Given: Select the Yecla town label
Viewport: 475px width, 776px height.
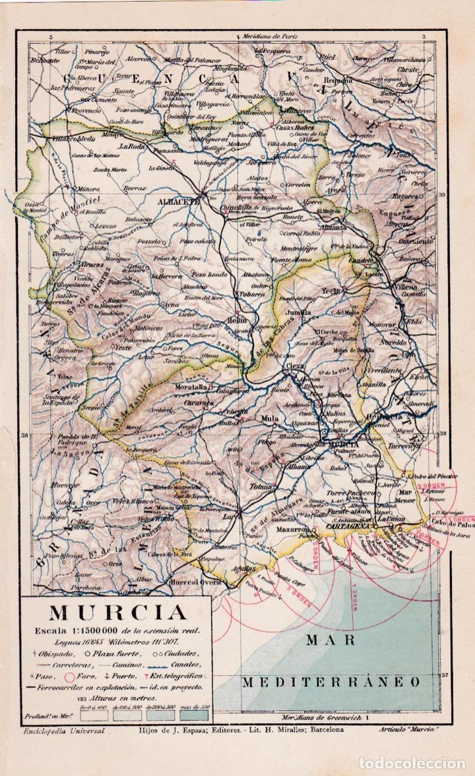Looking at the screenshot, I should (331, 290).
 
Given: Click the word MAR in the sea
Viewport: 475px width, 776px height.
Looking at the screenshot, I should (330, 639).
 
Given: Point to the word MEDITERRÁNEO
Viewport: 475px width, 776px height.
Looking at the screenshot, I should (330, 682).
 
